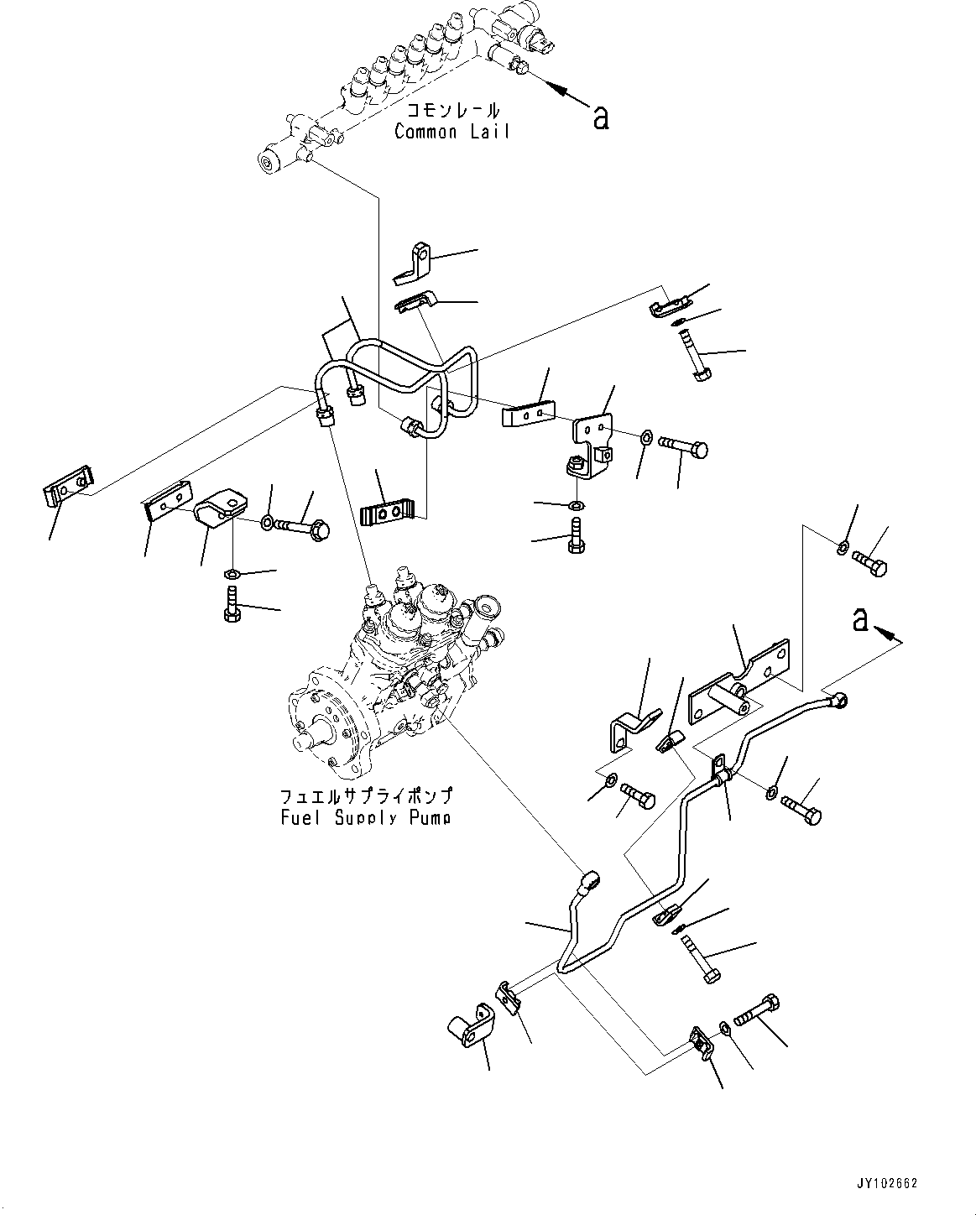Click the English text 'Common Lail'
[451, 132]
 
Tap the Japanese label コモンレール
[453, 111]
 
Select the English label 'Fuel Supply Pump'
[365, 817]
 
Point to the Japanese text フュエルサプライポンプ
[366, 795]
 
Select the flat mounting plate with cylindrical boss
[739, 680]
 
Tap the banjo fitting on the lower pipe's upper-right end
[837, 698]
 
